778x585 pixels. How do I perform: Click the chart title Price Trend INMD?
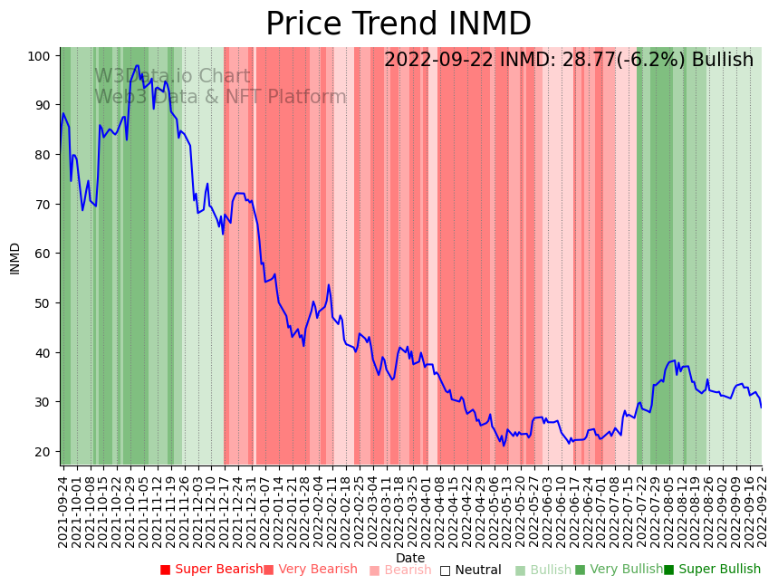(399, 24)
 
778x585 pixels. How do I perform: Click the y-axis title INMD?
(15, 258)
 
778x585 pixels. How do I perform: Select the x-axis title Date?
(410, 558)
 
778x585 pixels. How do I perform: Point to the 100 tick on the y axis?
(37, 56)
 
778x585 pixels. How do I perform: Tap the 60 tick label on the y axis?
(41, 254)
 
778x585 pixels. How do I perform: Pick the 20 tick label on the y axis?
(41, 451)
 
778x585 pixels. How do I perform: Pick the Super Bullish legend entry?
(712, 570)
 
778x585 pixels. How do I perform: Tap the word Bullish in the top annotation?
(723, 61)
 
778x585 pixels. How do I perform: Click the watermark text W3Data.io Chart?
(172, 76)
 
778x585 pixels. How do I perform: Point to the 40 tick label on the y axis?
(41, 352)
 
